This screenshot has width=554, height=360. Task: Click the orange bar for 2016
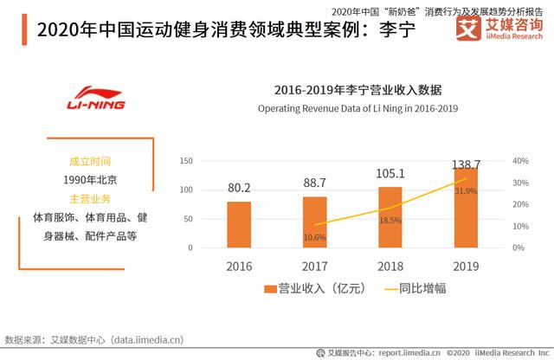pos(239,224)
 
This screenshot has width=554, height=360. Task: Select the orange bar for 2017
pos(314,222)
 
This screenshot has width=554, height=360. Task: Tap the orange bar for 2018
pos(390,216)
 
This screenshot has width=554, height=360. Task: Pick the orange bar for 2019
pos(466,207)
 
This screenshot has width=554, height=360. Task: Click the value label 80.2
pos(239,188)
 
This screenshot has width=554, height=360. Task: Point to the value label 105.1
pos(390,173)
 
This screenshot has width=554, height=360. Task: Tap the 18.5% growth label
pos(390,221)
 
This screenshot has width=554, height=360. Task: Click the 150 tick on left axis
pos(186,161)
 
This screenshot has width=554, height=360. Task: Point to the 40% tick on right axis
pos(520,161)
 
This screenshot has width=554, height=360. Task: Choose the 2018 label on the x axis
pos(390,266)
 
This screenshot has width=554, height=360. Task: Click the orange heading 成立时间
pos(90,162)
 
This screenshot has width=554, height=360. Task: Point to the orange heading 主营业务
pos(90,196)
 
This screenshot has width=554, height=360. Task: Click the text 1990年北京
pos(90,179)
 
